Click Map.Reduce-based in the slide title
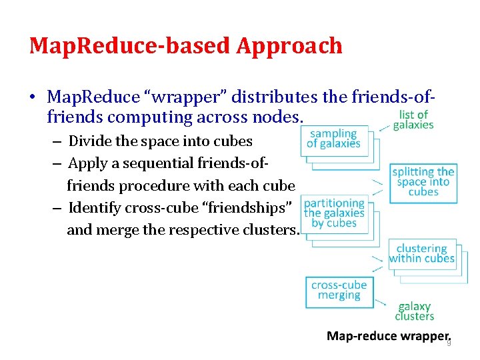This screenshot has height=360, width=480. click(x=130, y=46)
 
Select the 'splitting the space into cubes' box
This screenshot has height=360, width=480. click(x=424, y=182)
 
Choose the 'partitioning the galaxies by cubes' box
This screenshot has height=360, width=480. click(x=335, y=213)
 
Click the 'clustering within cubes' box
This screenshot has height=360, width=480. click(x=422, y=254)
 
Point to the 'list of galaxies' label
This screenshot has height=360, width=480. click(x=413, y=120)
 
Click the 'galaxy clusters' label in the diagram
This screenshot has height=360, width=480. click(x=415, y=311)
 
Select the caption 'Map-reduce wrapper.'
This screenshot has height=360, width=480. click(x=389, y=337)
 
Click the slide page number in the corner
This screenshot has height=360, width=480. click(x=449, y=343)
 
